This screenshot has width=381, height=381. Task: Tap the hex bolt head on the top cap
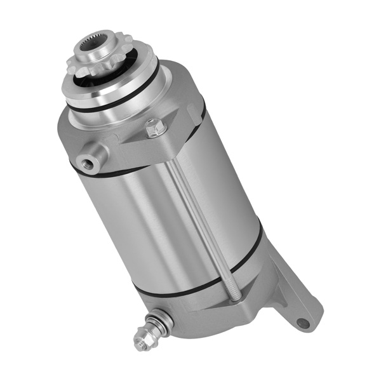[154, 128]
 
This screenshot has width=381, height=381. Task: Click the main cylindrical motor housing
[159, 222]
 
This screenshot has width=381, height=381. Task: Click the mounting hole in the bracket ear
[304, 323]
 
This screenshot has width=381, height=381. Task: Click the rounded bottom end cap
[210, 314]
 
